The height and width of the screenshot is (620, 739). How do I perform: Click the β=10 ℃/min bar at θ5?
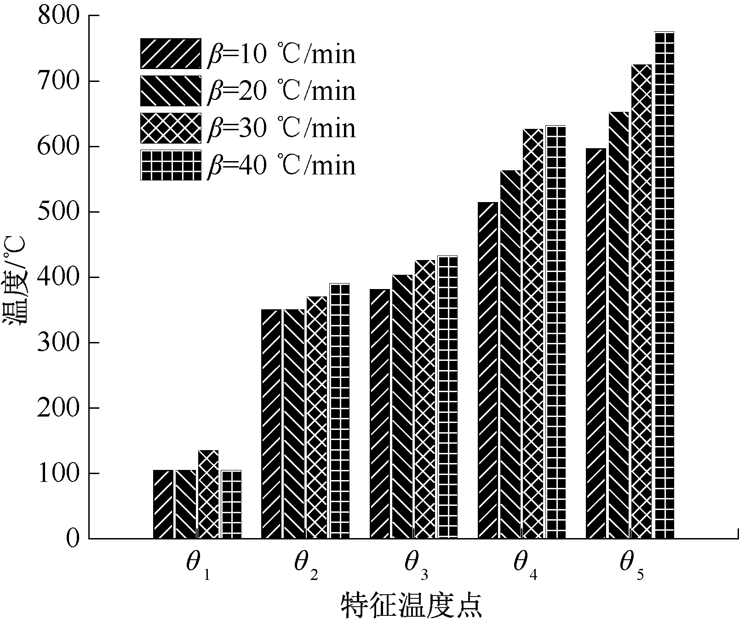596,343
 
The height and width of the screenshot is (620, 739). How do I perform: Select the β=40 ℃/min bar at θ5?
664,285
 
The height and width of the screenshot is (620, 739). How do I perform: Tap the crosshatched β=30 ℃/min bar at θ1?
208,494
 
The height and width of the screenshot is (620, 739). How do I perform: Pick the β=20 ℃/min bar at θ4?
510,354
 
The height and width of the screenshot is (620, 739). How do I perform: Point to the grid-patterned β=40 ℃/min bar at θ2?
339,411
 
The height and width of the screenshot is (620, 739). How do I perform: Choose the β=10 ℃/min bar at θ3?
380,413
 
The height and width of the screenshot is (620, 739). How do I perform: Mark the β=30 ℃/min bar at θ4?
533,333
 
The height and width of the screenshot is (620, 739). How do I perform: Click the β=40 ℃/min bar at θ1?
231,504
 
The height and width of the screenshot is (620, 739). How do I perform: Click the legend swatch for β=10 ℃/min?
171,53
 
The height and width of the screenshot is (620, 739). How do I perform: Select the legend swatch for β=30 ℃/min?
171,127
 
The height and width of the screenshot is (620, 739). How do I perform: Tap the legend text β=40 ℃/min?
281,165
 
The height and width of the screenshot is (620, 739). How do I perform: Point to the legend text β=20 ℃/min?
281,91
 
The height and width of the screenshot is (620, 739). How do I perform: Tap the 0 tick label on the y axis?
73,539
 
